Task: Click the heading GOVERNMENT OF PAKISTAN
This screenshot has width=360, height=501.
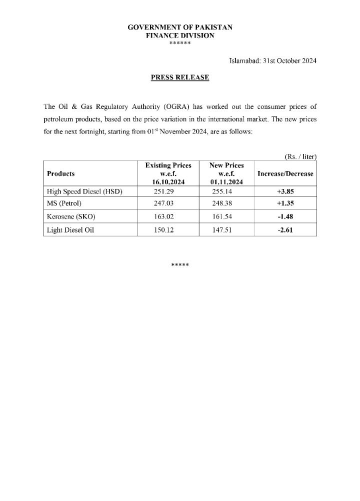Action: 180,27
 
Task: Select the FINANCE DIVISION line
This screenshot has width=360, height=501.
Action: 180,35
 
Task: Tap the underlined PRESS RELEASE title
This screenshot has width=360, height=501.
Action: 180,77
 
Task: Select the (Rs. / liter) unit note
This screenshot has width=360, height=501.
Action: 300,156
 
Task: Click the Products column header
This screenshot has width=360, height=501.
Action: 60,173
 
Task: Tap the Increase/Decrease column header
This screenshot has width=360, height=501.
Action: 285,173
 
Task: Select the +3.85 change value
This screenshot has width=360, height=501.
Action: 285,191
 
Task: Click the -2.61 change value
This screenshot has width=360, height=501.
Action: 285,230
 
